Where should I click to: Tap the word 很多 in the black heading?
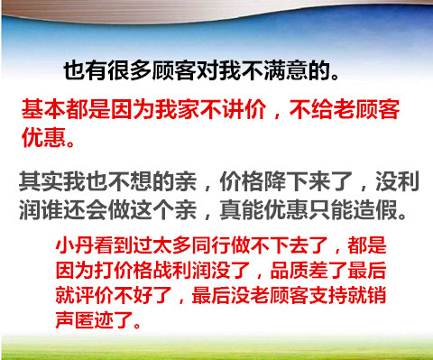click(x=130, y=71)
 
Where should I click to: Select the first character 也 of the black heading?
click(x=74, y=71)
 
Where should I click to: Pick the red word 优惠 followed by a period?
click(x=43, y=138)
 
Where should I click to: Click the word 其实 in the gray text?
click(x=41, y=181)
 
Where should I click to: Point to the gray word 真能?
click(x=242, y=209)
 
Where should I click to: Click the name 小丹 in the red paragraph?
click(x=75, y=245)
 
